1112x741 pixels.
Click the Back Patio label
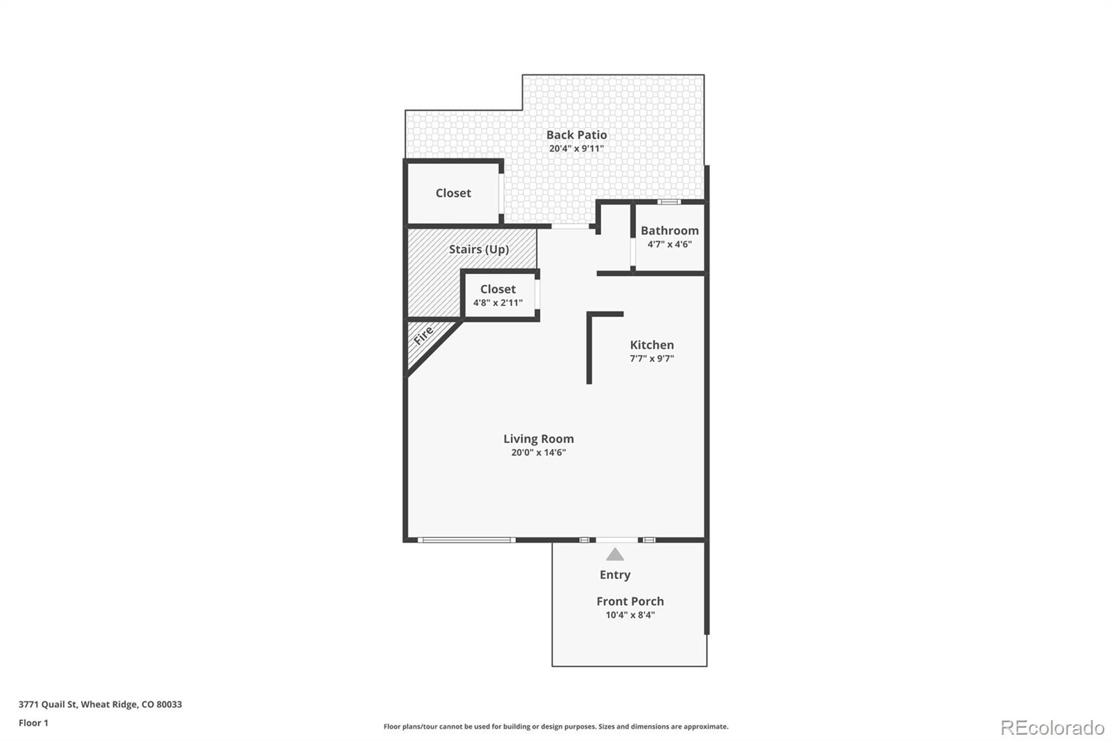coord(576,135)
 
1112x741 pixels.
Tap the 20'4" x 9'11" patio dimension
coord(576,149)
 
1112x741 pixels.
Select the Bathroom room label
coord(669,231)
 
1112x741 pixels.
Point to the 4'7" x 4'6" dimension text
coord(669,245)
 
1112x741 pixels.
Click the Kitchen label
coord(651,345)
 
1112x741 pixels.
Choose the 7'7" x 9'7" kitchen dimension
coord(651,359)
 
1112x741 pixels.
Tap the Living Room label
coord(538,439)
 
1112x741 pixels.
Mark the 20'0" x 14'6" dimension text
coord(538,453)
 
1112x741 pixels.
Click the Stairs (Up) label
coord(478,249)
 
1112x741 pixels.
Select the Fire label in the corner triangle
coord(423,336)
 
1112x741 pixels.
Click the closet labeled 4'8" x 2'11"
coord(498,295)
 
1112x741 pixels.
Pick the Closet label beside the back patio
coord(453,193)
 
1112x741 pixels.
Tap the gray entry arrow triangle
coord(614,555)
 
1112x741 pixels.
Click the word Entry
coord(615,575)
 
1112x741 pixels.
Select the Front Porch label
coord(630,601)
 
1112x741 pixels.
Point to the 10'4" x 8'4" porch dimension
coord(630,615)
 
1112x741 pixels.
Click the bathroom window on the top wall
coord(669,202)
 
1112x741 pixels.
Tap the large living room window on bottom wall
coord(466,540)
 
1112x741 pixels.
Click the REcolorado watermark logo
coord(1052,728)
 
